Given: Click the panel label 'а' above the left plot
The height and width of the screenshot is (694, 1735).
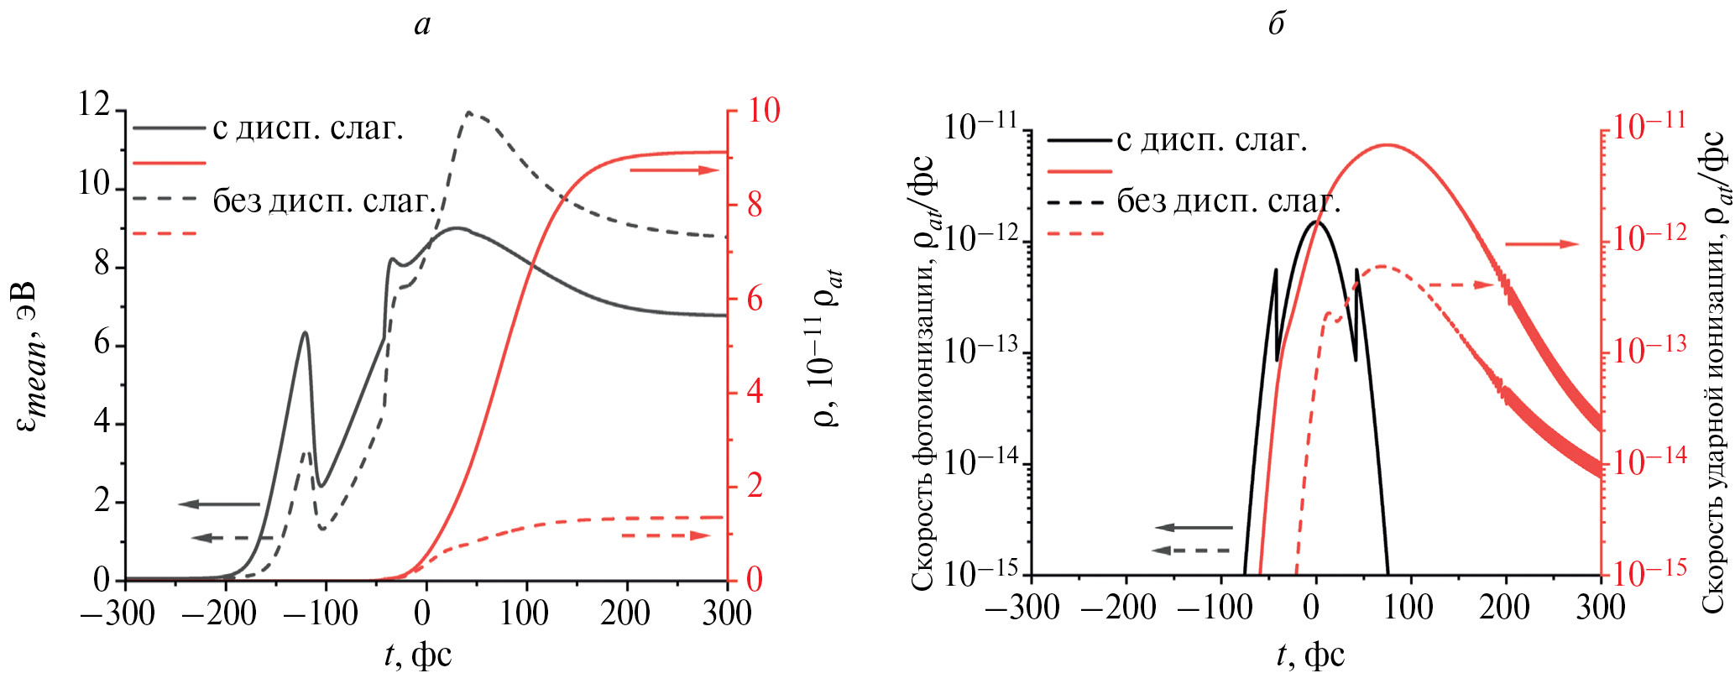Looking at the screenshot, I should pos(422,25).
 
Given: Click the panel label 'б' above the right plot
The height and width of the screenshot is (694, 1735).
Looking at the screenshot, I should pos(1276,23).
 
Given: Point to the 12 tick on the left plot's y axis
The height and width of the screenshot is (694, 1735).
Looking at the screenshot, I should pos(94,106).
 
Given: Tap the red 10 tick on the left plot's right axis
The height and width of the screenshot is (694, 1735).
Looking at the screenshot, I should pos(764,111).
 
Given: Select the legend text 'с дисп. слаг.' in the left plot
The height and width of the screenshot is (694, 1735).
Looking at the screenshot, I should pos(308,128).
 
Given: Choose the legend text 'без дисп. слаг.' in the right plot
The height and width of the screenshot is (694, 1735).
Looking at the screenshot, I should pos(1228,201).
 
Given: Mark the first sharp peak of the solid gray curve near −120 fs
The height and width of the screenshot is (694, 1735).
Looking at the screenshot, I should pos(306,332).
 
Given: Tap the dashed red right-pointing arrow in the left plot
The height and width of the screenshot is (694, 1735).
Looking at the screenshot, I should pos(666,535).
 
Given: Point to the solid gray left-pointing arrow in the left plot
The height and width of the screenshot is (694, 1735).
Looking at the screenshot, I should pos(219,504).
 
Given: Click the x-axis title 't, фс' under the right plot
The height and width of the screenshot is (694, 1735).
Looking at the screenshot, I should pos(1310,655).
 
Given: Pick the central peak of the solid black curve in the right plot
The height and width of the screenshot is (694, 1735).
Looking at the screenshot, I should pos(1315,222).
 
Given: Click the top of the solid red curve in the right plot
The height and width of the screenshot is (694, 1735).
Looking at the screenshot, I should pos(1386,144).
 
